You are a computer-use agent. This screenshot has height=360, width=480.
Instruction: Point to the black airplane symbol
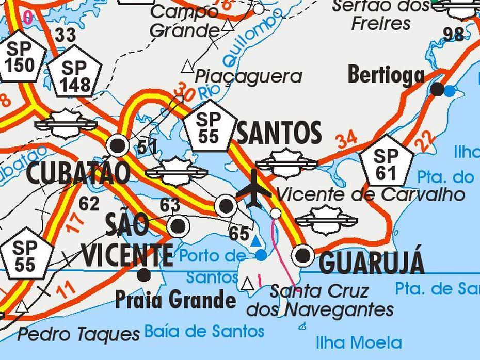click(x=253, y=189)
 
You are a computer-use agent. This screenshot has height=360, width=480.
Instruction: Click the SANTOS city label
click(x=279, y=134)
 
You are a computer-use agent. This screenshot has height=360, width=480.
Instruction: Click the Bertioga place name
click(x=386, y=75)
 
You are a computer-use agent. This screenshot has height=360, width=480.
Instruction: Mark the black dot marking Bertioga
click(x=437, y=89)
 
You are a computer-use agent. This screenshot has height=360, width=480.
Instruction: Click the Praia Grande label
click(x=175, y=300)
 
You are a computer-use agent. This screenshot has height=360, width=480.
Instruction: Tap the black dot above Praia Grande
click(x=144, y=275)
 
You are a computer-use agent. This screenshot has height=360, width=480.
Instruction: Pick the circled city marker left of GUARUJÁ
click(x=302, y=255)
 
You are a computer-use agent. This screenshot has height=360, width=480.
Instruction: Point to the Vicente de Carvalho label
click(x=370, y=194)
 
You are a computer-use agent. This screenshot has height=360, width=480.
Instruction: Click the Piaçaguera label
click(x=248, y=76)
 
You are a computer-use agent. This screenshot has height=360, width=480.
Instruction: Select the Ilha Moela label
click(x=358, y=342)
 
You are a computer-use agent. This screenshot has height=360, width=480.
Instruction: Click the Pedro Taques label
click(x=78, y=334)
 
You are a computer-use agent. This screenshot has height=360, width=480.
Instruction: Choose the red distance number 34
click(x=346, y=140)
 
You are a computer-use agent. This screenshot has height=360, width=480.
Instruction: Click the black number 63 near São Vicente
click(x=170, y=205)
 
